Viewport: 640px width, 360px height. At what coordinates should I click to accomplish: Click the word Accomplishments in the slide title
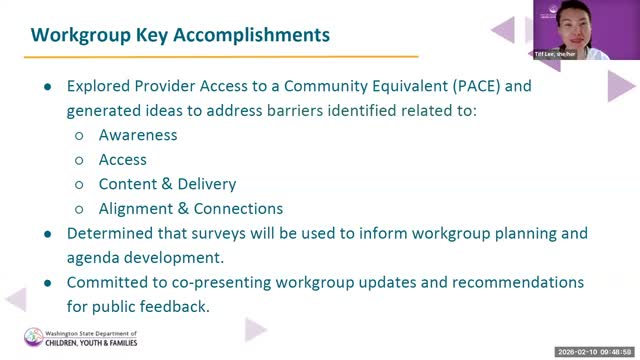click(x=251, y=36)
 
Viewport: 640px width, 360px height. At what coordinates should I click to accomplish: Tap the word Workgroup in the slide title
click(x=81, y=36)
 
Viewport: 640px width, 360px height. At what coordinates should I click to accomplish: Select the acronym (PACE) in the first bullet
click(x=477, y=86)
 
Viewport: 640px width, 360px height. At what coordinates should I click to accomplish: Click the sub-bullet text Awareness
click(x=138, y=135)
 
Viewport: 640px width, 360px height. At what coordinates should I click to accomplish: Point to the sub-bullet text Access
click(x=122, y=160)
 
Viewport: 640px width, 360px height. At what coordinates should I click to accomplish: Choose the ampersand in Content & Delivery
click(x=167, y=184)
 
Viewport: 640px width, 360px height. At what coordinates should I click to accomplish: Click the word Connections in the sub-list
click(x=238, y=209)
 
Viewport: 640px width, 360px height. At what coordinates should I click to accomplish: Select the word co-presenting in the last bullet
click(x=221, y=283)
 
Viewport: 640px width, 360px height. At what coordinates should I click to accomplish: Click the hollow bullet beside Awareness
click(x=79, y=136)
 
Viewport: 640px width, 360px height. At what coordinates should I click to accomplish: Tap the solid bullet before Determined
click(x=48, y=234)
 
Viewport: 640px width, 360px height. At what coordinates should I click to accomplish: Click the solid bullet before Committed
click(x=48, y=283)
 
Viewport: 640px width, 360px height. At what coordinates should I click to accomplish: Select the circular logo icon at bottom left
click(x=33, y=337)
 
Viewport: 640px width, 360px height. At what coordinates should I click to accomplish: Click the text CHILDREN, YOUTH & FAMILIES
click(x=91, y=343)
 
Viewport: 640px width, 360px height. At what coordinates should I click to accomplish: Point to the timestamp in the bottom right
click(x=594, y=352)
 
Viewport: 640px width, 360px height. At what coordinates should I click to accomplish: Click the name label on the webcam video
click(x=555, y=54)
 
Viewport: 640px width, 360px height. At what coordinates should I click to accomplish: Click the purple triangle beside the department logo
click(x=255, y=329)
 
